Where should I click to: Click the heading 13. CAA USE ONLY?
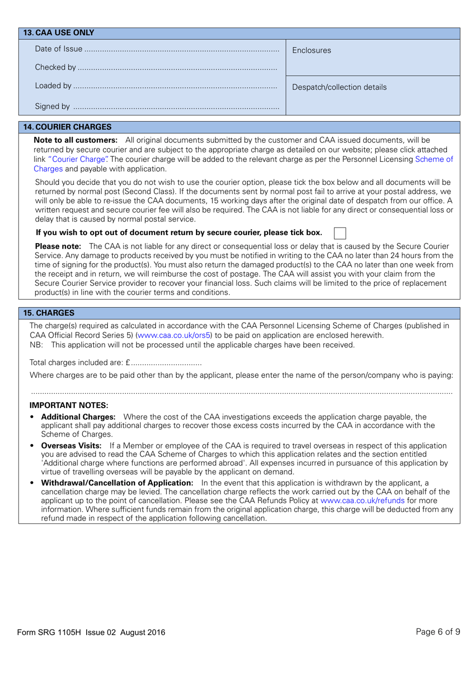(x=59, y=33)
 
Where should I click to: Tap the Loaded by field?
(x=175, y=87)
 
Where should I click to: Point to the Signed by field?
(x=176, y=107)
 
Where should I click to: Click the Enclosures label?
(x=311, y=51)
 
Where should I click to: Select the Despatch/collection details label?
(x=339, y=87)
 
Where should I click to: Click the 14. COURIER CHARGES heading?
(x=68, y=127)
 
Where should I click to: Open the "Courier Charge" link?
(x=78, y=159)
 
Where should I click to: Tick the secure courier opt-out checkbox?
(x=340, y=233)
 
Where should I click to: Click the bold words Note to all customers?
(x=76, y=140)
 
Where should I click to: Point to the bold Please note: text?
(x=58, y=247)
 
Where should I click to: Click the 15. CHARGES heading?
(x=49, y=313)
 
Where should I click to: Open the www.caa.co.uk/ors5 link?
(x=174, y=336)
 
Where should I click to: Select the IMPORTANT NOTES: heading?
(x=69, y=405)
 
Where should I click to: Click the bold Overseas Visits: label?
(x=71, y=446)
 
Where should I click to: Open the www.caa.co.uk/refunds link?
(x=362, y=501)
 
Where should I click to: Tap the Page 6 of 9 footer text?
(x=437, y=632)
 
